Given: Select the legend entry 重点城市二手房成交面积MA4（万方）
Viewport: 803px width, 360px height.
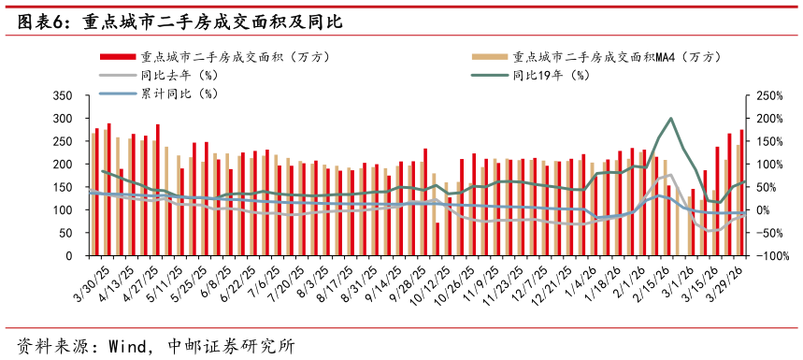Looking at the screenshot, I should [616, 56].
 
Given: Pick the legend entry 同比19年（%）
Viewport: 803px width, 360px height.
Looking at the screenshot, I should [558, 75].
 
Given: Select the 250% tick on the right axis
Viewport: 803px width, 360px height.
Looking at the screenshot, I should [766, 95].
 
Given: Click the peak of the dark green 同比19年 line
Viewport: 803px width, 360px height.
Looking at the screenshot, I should [670, 119].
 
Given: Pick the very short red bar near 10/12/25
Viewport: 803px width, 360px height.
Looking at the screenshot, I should [437, 239].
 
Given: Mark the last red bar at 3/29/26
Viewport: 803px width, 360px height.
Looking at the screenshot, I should [741, 193].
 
